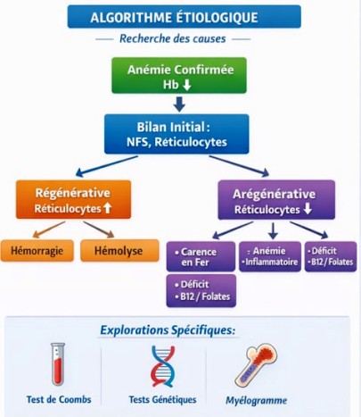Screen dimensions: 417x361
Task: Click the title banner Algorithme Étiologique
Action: click(184, 17)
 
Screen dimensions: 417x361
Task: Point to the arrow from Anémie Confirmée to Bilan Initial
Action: click(179, 104)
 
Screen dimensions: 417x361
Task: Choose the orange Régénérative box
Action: click(73, 199)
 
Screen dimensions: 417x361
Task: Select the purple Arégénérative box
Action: click(276, 199)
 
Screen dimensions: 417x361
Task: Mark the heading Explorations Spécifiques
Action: click(168, 329)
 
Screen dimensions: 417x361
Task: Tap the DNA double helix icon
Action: click(163, 364)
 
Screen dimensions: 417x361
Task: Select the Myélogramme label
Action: click(257, 400)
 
